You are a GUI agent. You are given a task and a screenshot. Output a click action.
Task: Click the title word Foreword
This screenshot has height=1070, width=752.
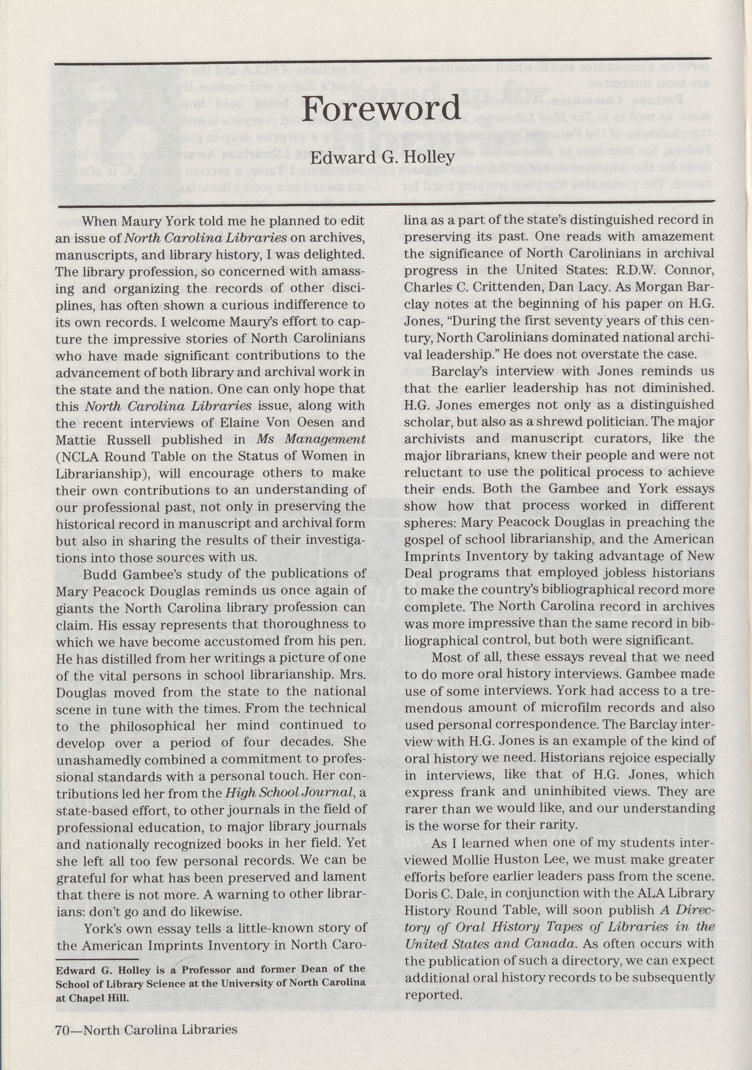coord(381,109)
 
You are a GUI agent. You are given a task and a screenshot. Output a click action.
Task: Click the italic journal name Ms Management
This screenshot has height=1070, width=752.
coord(311,439)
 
